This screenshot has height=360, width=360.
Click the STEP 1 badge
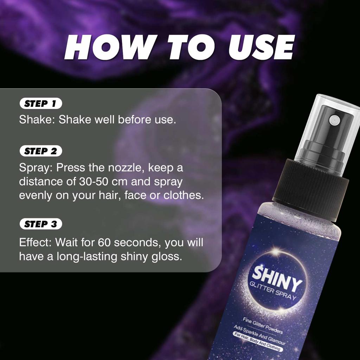coord(41,104)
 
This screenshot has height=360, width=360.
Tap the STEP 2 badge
coord(41,152)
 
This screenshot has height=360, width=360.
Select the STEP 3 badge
coord(41,224)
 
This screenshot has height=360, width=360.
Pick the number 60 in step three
coord(105,243)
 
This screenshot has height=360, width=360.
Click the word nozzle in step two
coord(125,168)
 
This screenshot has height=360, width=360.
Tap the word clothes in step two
coord(184,195)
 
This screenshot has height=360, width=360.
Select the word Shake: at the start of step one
coord(37,120)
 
